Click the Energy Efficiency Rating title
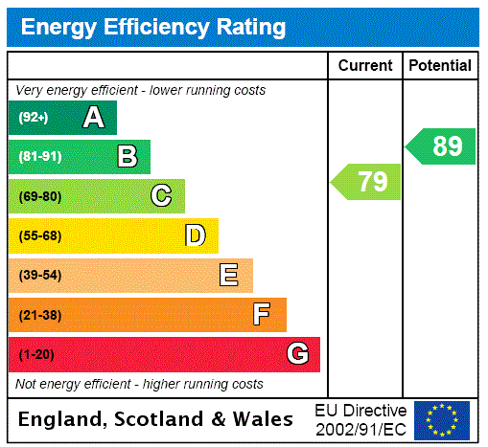[x=153, y=27]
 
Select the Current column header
[x=365, y=66]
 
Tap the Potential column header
[x=440, y=66]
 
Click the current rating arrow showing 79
[x=367, y=182]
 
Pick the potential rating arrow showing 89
[x=442, y=146]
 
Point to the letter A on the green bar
[x=93, y=118]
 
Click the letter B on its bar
[x=127, y=157]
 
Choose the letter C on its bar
[x=161, y=196]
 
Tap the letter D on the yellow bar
[x=195, y=235]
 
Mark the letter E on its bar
[x=229, y=276]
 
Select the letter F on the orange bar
[x=261, y=314]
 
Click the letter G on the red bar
[x=297, y=354]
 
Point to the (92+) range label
[x=34, y=118]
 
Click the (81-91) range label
[x=39, y=157]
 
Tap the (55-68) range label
[x=39, y=235]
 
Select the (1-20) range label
[x=36, y=354]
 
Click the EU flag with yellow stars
[x=442, y=419]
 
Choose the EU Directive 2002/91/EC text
[x=360, y=419]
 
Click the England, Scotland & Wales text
[x=156, y=419]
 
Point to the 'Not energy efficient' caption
[x=139, y=384]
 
